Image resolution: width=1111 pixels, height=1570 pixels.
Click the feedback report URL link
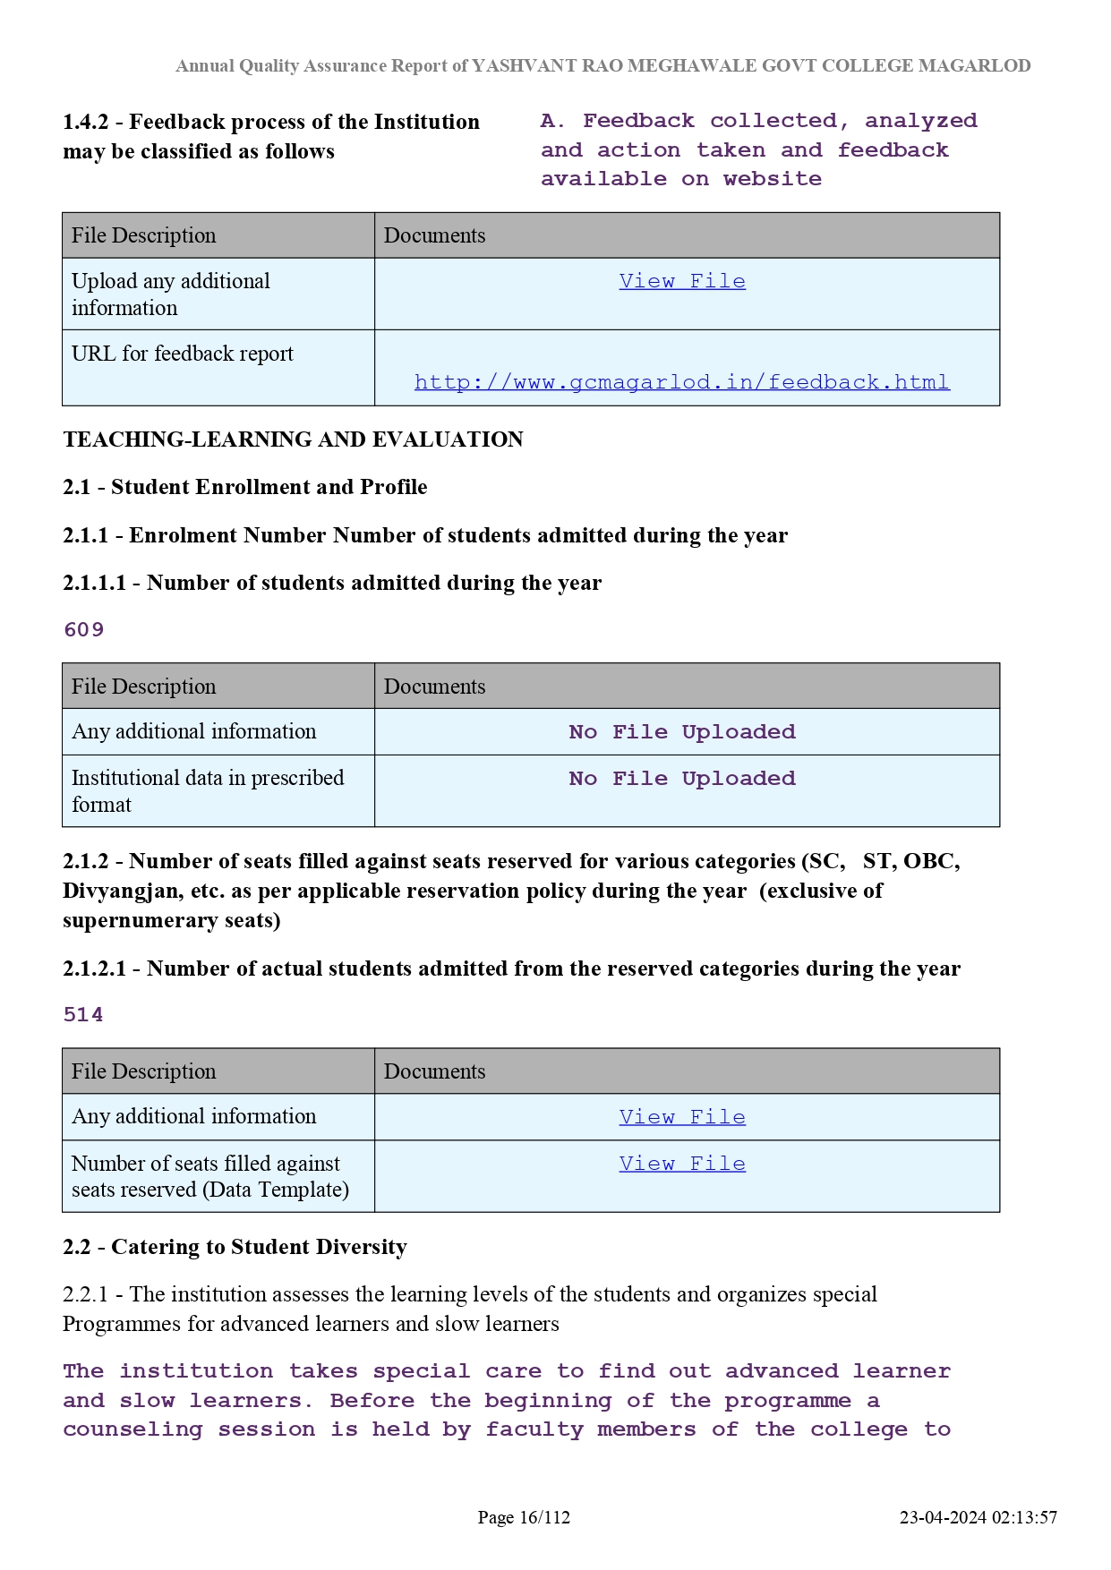[681, 382]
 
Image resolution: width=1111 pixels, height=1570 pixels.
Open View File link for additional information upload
[682, 281]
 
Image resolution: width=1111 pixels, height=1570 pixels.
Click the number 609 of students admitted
[84, 630]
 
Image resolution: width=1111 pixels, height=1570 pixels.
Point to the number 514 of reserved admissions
[83, 1015]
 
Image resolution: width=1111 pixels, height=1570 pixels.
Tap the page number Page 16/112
[524, 1517]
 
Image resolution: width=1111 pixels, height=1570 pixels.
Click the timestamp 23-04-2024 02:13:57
[978, 1517]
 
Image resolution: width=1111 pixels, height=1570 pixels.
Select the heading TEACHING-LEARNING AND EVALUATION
[293, 439]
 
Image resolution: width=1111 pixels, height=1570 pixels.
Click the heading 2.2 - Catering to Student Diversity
[235, 1247]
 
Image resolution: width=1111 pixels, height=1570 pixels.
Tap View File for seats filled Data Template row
[682, 1164]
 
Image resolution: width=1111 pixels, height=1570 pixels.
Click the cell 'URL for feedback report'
[183, 354]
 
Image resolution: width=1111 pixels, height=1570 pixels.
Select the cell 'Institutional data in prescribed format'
[208, 790]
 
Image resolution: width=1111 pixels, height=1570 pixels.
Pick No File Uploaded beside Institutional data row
[682, 779]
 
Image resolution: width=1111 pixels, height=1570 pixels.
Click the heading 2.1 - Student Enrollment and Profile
[244, 487]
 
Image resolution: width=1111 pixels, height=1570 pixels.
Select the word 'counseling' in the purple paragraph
[132, 1429]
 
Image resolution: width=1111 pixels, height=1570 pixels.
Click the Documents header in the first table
[435, 235]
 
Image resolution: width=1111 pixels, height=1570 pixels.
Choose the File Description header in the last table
[144, 1071]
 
